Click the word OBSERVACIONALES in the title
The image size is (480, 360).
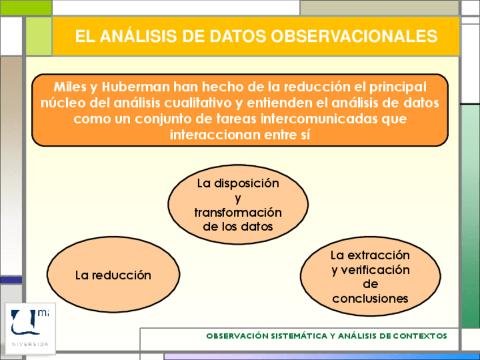(x=354, y=36)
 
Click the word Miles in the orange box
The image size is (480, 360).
(x=70, y=87)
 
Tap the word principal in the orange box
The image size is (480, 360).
(x=398, y=88)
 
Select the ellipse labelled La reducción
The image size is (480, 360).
(x=113, y=275)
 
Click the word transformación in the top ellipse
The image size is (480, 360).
(x=238, y=212)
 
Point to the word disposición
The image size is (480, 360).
(x=246, y=184)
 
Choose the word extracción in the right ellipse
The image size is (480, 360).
(x=379, y=255)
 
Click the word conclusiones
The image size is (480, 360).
(x=370, y=298)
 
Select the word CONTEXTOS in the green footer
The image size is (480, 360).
(x=420, y=336)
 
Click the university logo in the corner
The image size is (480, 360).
(x=31, y=328)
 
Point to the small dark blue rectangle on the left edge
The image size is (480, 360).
(x=11, y=280)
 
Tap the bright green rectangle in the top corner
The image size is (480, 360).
(x=25, y=8)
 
